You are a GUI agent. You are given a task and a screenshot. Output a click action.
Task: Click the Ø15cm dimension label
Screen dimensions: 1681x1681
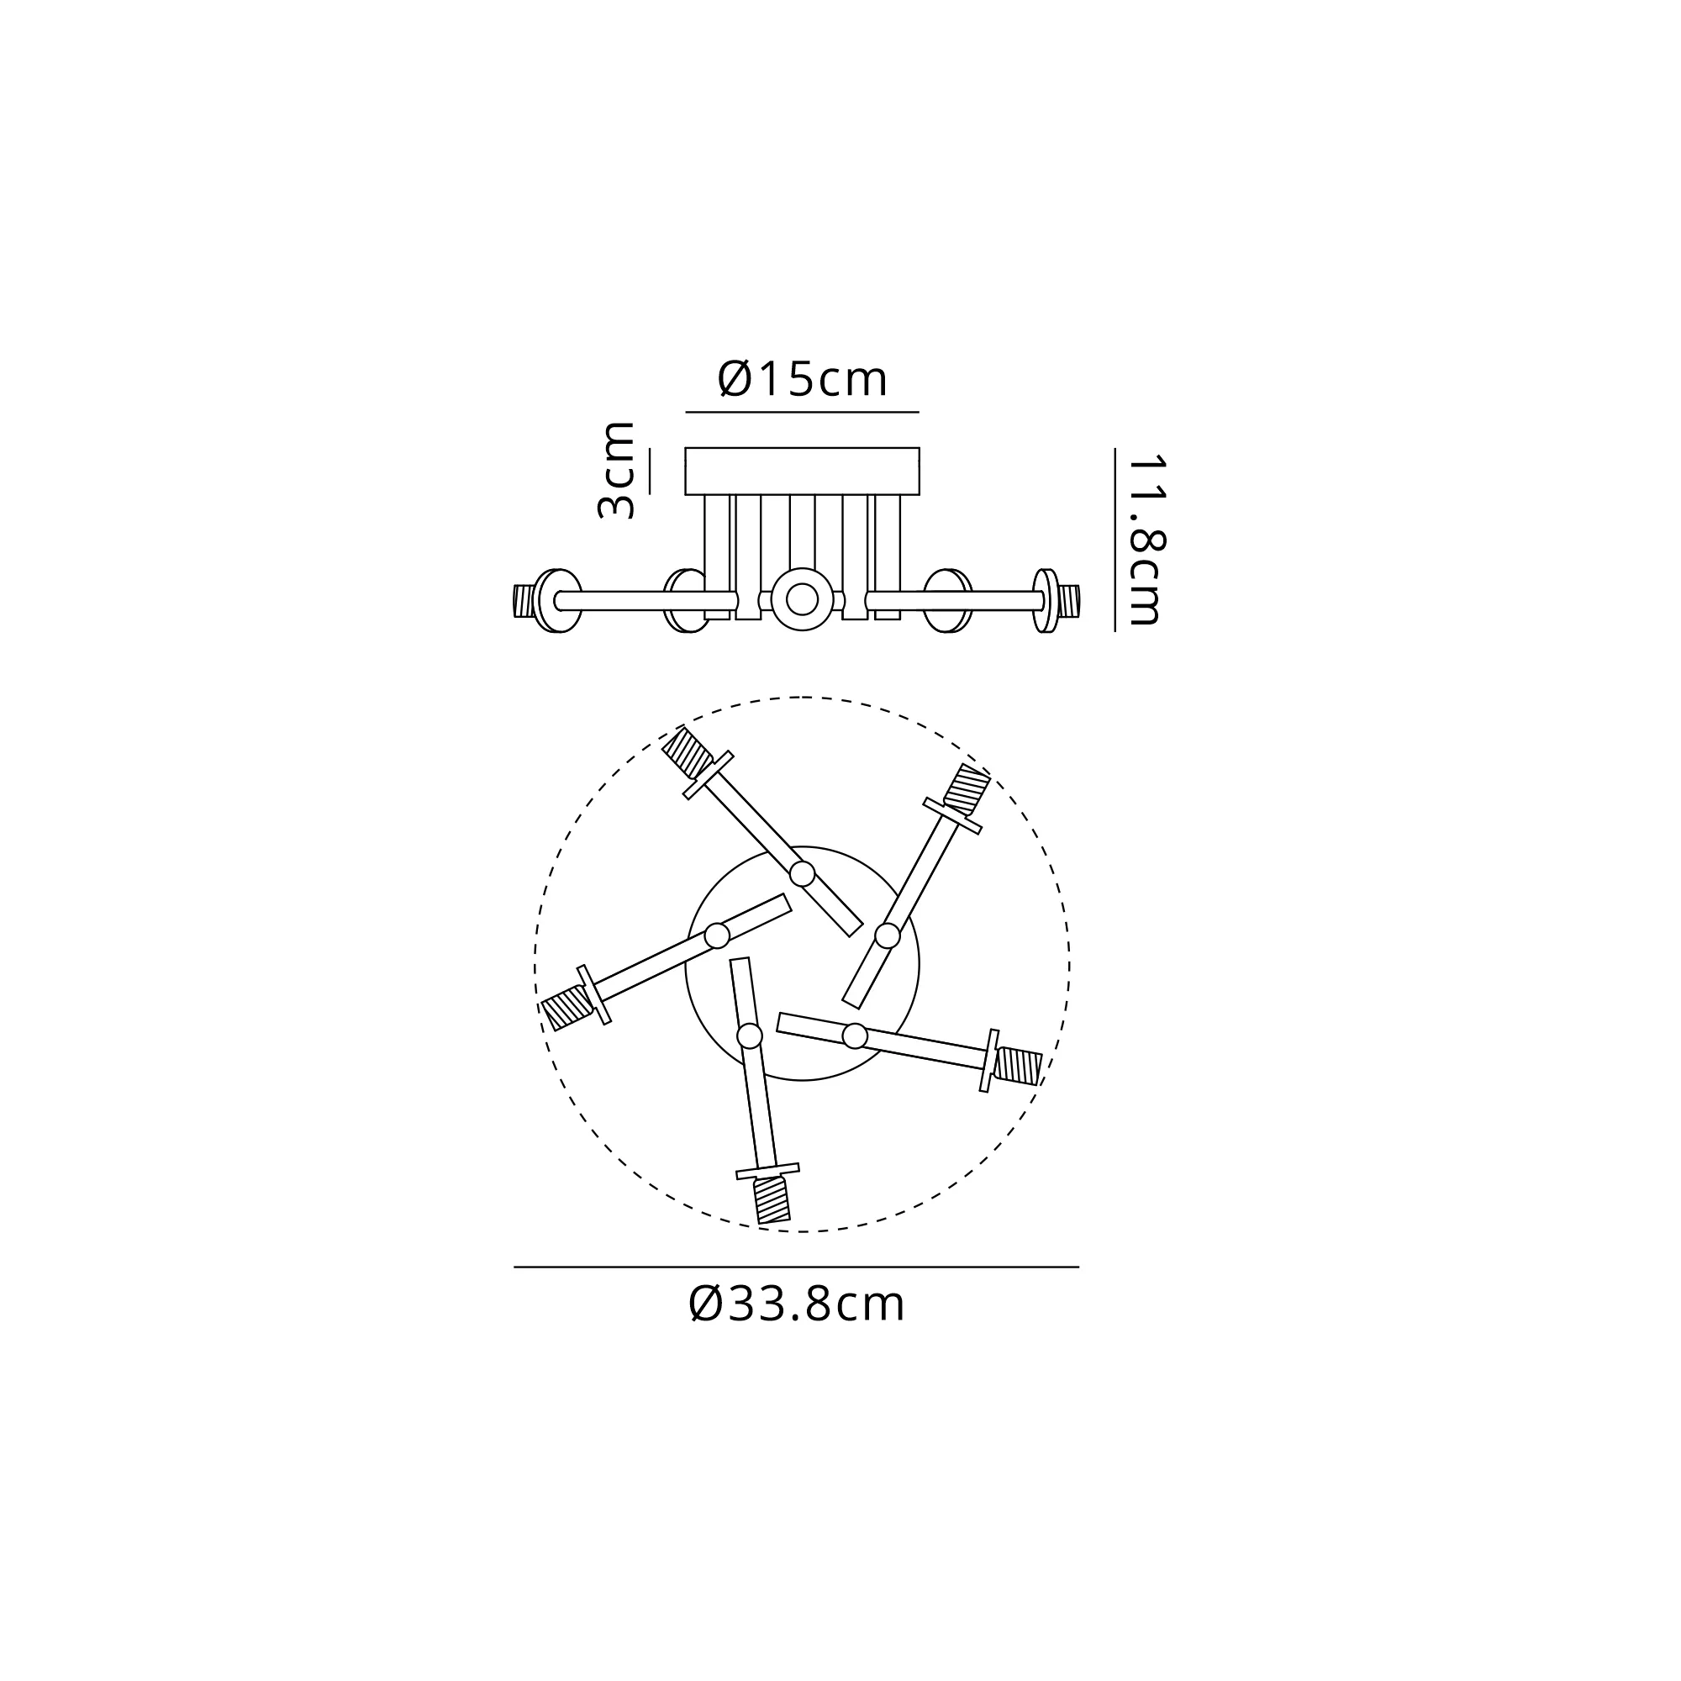click(802, 379)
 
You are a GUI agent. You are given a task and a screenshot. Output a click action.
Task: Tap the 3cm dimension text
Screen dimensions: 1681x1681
click(616, 470)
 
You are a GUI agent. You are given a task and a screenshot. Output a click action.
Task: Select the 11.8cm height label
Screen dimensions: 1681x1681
click(1145, 540)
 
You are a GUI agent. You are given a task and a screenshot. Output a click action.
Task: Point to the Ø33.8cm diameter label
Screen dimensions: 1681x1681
click(797, 1304)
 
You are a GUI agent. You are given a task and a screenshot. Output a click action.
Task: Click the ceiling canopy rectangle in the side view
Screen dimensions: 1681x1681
click(802, 471)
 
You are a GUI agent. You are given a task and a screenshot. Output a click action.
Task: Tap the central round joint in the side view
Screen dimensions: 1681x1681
click(801, 599)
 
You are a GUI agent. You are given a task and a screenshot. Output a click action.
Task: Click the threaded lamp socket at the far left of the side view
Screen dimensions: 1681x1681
click(523, 600)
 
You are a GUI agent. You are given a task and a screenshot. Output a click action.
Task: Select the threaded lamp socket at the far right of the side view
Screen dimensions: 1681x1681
click(1069, 600)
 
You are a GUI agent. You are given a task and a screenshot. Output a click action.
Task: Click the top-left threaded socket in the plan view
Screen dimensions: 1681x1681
click(687, 752)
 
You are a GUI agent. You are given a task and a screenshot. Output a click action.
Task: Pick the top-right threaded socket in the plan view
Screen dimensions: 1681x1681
click(967, 789)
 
